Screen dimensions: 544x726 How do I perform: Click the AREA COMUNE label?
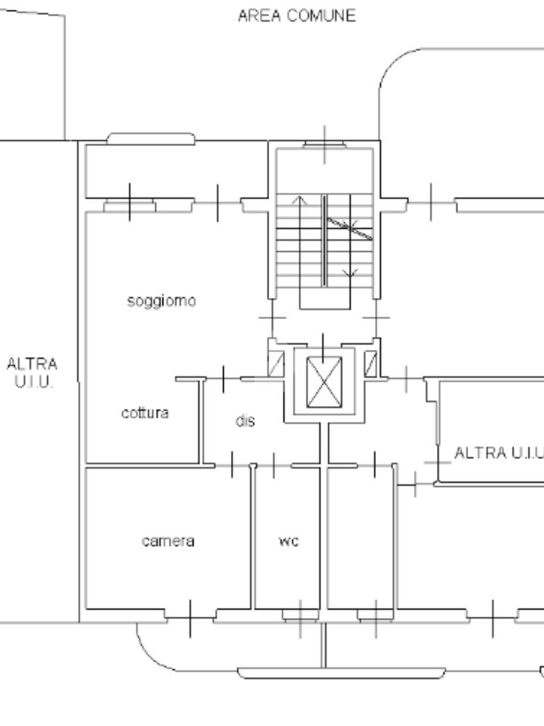click(x=297, y=16)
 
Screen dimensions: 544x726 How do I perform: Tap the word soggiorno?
click(x=161, y=301)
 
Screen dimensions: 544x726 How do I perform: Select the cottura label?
click(x=144, y=413)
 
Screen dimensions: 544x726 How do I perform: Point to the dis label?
click(x=245, y=420)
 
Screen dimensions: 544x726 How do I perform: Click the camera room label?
click(x=168, y=541)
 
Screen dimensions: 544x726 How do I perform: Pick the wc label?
click(x=289, y=541)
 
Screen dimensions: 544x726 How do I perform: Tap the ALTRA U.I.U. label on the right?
click(x=499, y=452)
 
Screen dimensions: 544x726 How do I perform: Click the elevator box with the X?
click(x=324, y=382)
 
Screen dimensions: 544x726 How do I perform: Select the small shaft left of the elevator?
click(x=277, y=364)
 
